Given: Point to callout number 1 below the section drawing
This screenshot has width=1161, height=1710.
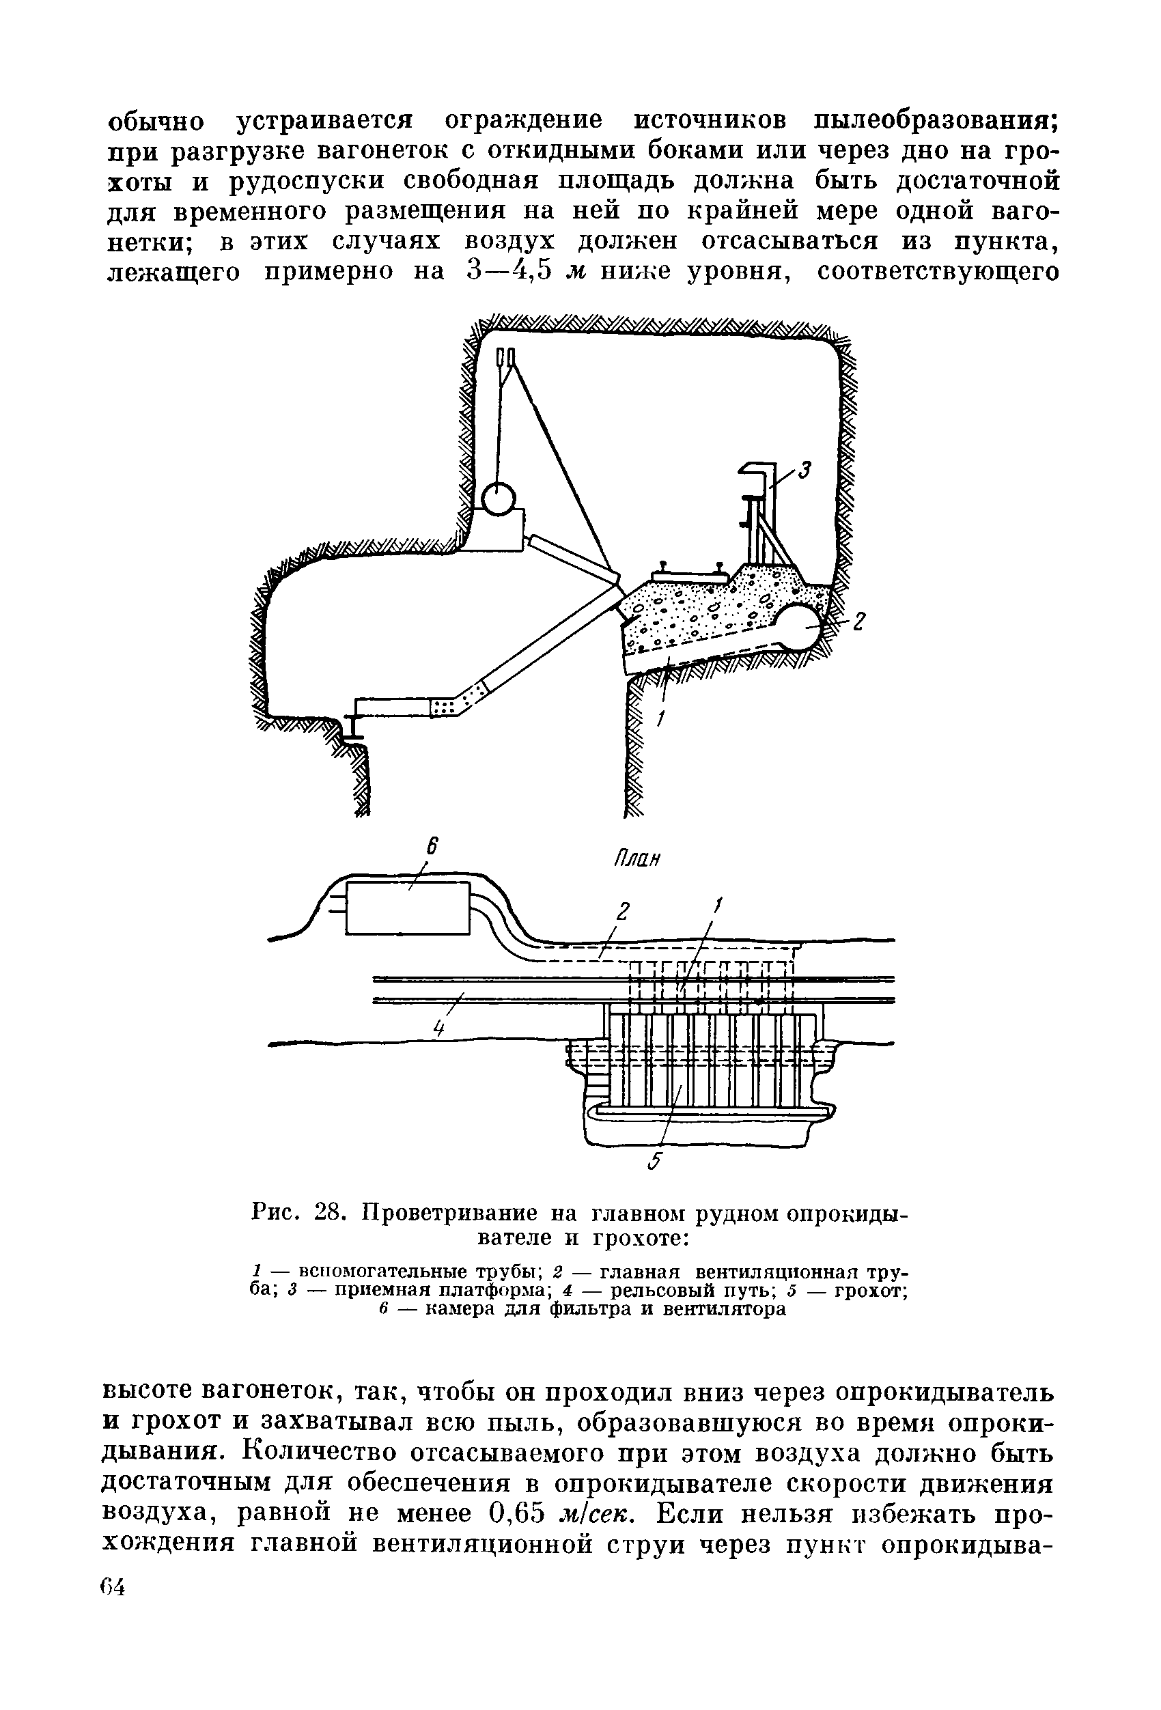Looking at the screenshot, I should tap(660, 719).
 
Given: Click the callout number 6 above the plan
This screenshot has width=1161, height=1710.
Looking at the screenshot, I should tap(432, 847).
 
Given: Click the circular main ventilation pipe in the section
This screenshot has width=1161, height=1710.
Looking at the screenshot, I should tap(801, 626).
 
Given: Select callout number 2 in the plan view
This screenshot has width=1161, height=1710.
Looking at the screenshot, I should tap(622, 912).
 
